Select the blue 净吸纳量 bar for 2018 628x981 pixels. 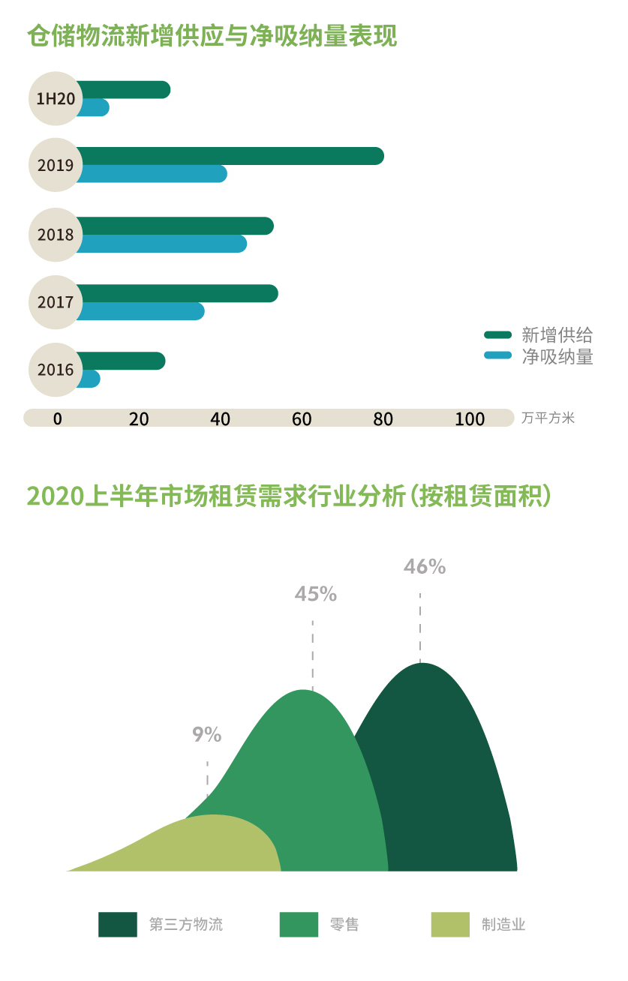pyautogui.click(x=161, y=244)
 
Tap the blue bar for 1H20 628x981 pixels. pyautogui.click(x=93, y=107)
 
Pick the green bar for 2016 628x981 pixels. pyautogui.click(x=120, y=361)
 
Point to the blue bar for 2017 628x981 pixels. pyautogui.click(x=140, y=311)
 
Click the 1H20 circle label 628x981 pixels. pyautogui.click(x=56, y=98)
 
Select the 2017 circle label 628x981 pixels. pyautogui.click(x=56, y=302)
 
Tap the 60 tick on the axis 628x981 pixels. pyautogui.click(x=302, y=418)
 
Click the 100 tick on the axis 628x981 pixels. pyautogui.click(x=470, y=418)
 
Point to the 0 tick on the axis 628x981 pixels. pyautogui.click(x=58, y=418)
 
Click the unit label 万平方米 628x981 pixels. pyautogui.click(x=548, y=418)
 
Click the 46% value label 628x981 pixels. pyautogui.click(x=425, y=567)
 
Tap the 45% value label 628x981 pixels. pyautogui.click(x=315, y=594)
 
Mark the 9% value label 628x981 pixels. pyautogui.click(x=207, y=734)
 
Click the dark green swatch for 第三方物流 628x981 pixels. pyautogui.click(x=118, y=924)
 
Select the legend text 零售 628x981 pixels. pyautogui.click(x=344, y=924)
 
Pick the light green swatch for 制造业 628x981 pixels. pyautogui.click(x=450, y=924)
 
